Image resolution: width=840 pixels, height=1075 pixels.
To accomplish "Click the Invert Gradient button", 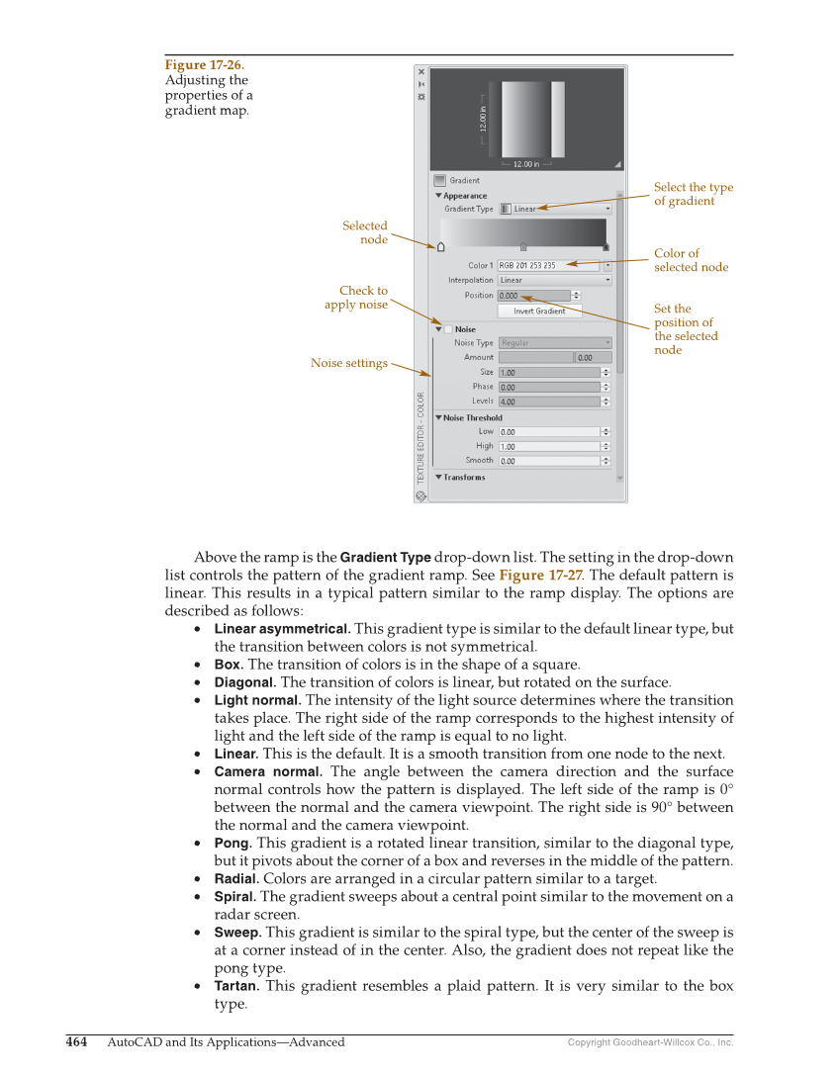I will click(539, 311).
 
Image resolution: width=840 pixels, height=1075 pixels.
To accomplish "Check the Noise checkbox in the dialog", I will click(447, 329).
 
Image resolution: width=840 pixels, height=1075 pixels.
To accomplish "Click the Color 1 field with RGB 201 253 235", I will click(548, 265).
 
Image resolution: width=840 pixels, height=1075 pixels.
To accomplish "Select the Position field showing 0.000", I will click(534, 296).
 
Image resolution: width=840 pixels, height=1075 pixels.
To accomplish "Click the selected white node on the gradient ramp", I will click(440, 247).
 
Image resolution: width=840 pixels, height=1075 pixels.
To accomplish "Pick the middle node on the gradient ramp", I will click(523, 247).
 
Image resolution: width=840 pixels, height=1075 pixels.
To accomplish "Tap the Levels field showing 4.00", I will click(549, 402).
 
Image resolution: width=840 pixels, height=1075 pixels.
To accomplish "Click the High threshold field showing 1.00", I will click(549, 446).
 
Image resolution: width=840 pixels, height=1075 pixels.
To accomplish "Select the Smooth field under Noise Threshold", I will click(549, 461).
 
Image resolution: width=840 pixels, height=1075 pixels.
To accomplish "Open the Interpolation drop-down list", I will click(554, 280).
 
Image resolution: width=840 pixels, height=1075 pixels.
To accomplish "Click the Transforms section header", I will click(463, 477).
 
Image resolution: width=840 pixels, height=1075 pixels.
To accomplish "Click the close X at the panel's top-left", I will click(421, 72).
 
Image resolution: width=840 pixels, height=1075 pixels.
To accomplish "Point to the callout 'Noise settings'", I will click(349, 363).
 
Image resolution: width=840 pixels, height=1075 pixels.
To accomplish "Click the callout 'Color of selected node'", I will click(691, 260).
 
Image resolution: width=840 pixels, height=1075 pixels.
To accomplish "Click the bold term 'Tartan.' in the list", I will click(236, 986).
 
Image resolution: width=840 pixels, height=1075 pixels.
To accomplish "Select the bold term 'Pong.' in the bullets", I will click(233, 843).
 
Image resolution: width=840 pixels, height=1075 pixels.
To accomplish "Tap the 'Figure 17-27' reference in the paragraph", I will click(539, 575).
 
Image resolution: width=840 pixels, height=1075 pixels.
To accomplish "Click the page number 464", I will click(77, 1041).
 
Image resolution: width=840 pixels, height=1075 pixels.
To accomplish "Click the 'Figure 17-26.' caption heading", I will click(204, 65).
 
